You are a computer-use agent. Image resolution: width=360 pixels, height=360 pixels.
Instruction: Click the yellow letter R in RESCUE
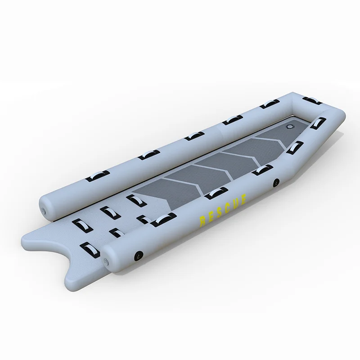[x=203, y=220]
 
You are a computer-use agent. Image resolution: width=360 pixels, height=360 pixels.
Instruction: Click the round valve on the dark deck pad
[x=290, y=126]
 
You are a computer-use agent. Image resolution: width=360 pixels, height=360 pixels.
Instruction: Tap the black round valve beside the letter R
[x=139, y=255]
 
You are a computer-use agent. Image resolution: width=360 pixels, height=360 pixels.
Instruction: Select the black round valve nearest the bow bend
[x=276, y=183]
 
